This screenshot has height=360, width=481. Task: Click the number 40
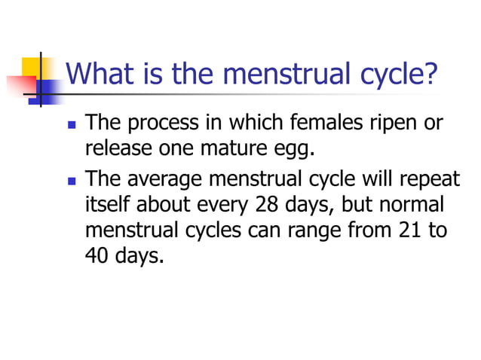coord(97,255)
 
